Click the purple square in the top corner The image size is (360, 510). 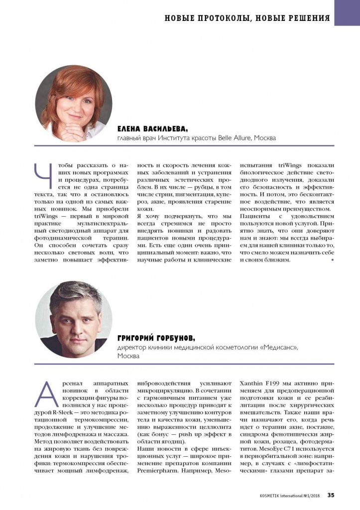click(347, 12)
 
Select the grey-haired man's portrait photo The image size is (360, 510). click(73, 319)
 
